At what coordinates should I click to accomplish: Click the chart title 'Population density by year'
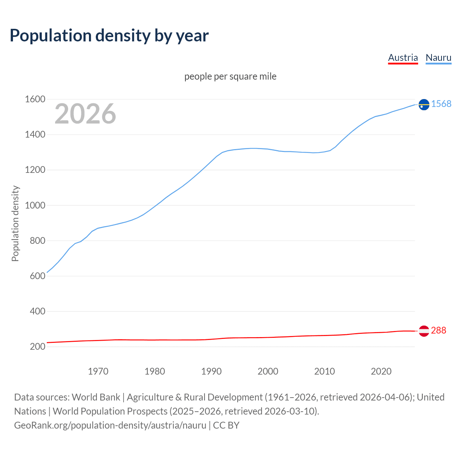[x=109, y=36]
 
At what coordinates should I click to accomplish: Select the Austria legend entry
[x=403, y=58]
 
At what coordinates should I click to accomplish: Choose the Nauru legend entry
[x=438, y=58]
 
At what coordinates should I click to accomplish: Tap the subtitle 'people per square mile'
[x=230, y=77]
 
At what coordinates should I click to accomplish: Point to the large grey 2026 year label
[x=85, y=114]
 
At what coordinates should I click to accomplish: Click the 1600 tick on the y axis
[x=35, y=99]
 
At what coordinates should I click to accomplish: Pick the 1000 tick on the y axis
[x=35, y=205]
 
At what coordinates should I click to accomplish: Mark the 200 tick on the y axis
[x=37, y=347]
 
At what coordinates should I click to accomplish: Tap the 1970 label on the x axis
[x=98, y=371]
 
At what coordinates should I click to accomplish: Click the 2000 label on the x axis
[x=268, y=371]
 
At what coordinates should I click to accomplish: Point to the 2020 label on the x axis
[x=381, y=371]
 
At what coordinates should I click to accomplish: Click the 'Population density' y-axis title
[x=15, y=223]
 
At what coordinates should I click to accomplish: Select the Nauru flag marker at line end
[x=424, y=104]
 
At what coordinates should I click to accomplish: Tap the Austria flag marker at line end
[x=424, y=331]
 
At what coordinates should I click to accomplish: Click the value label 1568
[x=441, y=104]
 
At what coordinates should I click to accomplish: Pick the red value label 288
[x=438, y=331]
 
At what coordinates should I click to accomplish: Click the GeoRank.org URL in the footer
[x=110, y=425]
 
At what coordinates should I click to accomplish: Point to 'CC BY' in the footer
[x=226, y=425]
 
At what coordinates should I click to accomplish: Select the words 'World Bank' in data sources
[x=96, y=397]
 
